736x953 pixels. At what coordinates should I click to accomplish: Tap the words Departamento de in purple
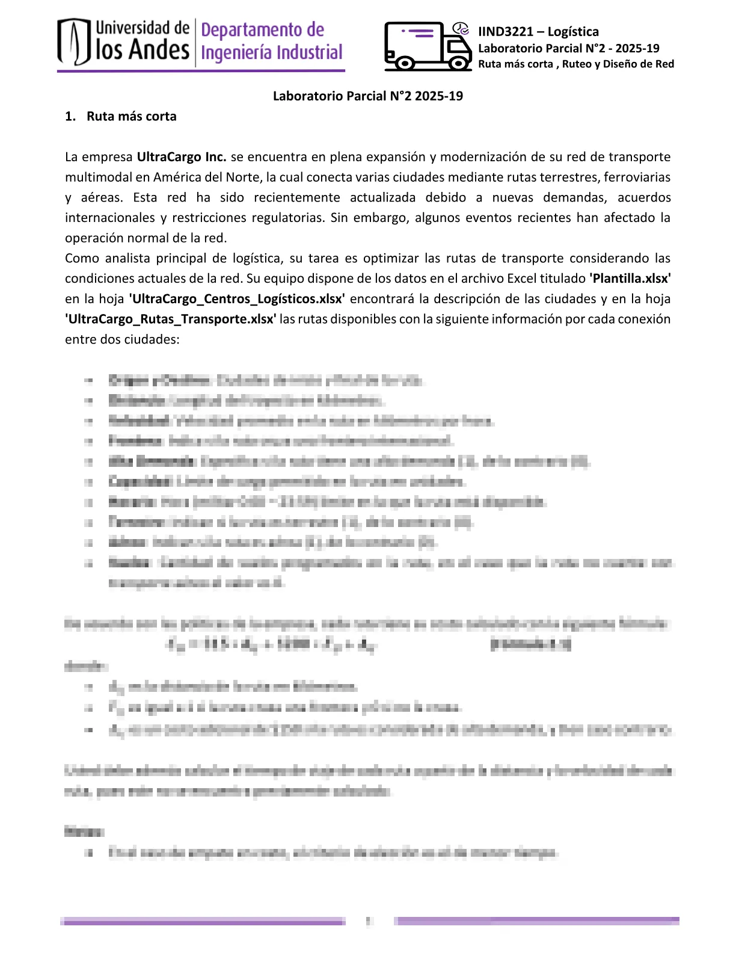pyautogui.click(x=262, y=30)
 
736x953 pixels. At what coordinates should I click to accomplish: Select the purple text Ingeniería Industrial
pyautogui.click(x=271, y=53)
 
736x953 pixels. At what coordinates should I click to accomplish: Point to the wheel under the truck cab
pyautogui.click(x=460, y=63)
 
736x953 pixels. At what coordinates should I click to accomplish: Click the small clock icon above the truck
pyautogui.click(x=461, y=28)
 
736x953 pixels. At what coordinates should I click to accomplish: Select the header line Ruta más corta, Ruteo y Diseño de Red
pyautogui.click(x=575, y=64)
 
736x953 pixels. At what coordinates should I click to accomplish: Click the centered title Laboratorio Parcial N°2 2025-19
pyautogui.click(x=367, y=96)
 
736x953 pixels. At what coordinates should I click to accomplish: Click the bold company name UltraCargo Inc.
pyautogui.click(x=182, y=157)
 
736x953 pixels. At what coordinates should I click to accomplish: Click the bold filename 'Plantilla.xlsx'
pyautogui.click(x=630, y=279)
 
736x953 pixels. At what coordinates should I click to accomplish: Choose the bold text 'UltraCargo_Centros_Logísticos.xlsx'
pyautogui.click(x=237, y=299)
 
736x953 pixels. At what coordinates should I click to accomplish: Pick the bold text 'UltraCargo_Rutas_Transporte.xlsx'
pyautogui.click(x=171, y=319)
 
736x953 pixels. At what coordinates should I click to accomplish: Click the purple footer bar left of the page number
pyautogui.click(x=203, y=921)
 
